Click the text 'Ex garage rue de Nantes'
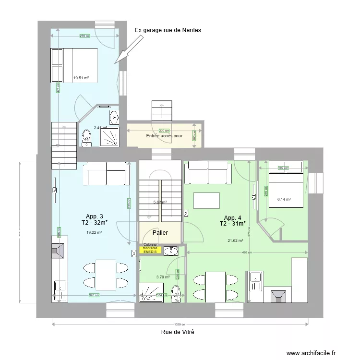click(168, 30)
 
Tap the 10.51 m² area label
click(81, 77)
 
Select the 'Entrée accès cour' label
click(164, 136)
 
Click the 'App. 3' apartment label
click(94, 216)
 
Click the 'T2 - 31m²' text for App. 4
click(233, 224)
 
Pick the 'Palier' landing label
click(160, 233)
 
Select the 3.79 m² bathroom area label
click(163, 277)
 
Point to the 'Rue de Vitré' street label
click(178, 332)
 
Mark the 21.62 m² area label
click(235, 241)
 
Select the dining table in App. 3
click(105, 275)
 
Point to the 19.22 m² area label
click(94, 232)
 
